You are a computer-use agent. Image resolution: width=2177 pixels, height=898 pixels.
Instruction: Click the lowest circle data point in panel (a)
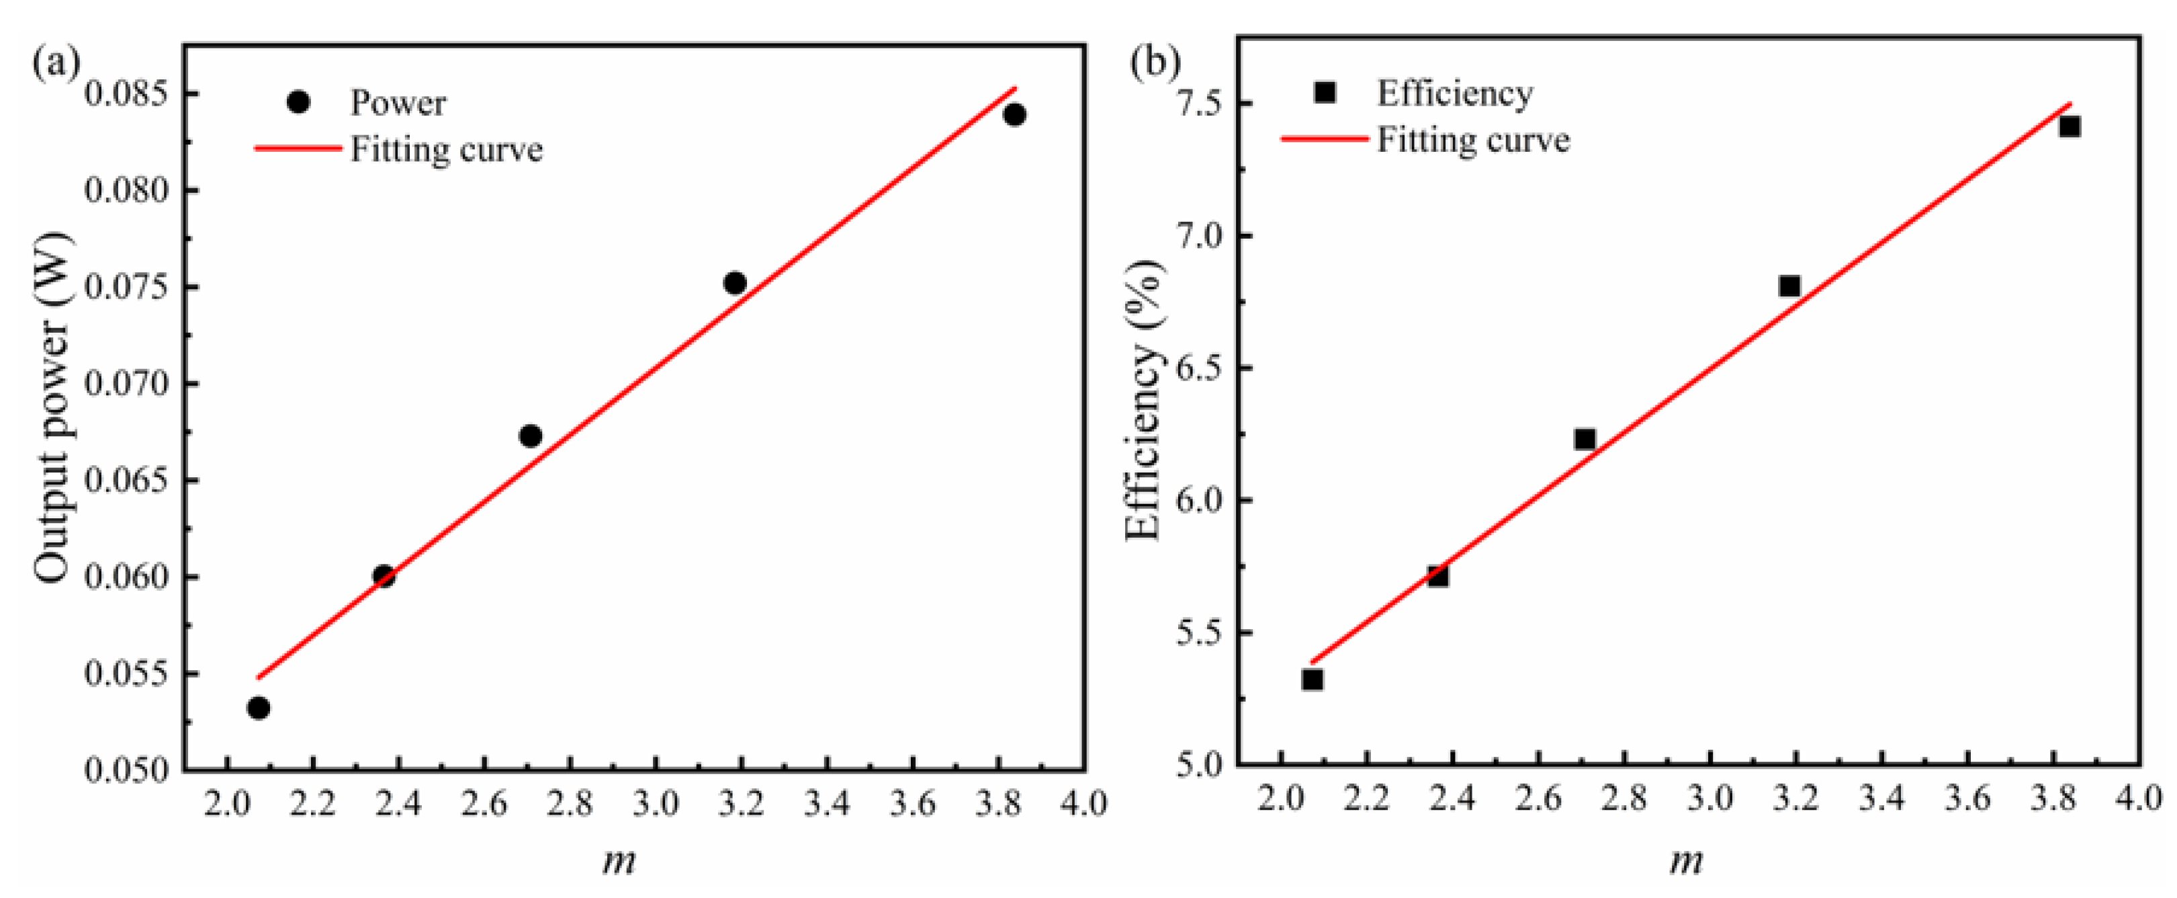click(x=259, y=708)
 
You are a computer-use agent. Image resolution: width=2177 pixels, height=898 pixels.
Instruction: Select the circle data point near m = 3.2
click(x=736, y=282)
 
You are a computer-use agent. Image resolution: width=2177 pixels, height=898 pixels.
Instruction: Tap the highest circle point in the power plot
click(x=1015, y=114)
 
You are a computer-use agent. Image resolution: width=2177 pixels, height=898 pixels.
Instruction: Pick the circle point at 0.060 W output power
click(x=384, y=576)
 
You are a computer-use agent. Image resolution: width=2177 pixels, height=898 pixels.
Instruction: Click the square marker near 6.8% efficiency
click(x=1789, y=286)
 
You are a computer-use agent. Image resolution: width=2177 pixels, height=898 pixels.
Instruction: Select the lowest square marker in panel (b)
click(x=1312, y=679)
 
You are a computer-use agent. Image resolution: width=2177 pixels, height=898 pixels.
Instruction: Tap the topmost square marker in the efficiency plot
click(x=2070, y=127)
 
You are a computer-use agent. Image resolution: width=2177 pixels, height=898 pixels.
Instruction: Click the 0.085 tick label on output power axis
click(x=127, y=94)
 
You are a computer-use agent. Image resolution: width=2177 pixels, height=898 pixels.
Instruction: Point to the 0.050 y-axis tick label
click(x=127, y=770)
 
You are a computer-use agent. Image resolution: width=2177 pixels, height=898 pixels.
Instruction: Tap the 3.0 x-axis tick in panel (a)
click(x=656, y=803)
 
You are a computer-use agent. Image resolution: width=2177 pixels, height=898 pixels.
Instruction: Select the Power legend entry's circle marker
click(x=298, y=102)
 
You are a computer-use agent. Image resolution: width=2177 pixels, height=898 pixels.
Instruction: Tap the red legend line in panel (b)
click(x=1325, y=138)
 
